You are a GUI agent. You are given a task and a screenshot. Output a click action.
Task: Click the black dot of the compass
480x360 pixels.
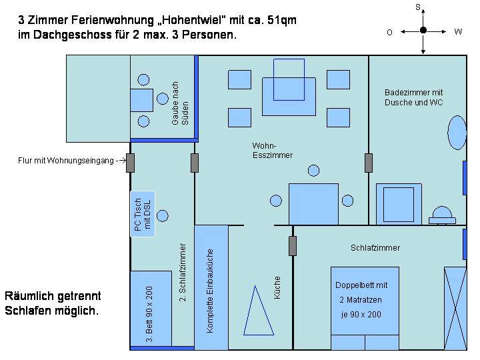(x=423, y=30)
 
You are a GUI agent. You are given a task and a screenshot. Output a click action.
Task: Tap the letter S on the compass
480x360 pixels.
(x=418, y=7)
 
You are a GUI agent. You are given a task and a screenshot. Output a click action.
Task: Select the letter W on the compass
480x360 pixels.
(x=458, y=31)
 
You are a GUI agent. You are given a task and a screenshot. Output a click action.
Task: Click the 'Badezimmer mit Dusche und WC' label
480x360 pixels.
(x=413, y=97)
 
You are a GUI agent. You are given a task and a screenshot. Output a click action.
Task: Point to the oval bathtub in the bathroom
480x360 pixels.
(x=457, y=133)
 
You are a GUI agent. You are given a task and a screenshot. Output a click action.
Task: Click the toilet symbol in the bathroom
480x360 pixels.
(x=442, y=215)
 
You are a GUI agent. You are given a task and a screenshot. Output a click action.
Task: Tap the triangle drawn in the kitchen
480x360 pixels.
(x=259, y=311)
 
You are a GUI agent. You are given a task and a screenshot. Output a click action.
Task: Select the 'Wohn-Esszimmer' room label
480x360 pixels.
(x=273, y=150)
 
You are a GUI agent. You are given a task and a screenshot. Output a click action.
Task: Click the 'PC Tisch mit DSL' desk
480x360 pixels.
(x=143, y=214)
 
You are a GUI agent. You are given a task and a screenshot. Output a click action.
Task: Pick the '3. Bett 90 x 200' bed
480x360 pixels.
(x=151, y=309)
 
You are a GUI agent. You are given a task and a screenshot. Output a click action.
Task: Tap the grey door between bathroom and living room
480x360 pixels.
(x=369, y=163)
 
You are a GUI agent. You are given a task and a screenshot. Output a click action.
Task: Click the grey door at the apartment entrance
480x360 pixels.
(x=131, y=163)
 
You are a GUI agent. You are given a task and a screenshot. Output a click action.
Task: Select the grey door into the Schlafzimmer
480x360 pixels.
(x=293, y=246)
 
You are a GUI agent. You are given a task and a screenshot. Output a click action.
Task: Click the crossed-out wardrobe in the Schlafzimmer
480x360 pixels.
(x=455, y=308)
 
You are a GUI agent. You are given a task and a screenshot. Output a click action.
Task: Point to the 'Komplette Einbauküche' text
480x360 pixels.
(x=210, y=291)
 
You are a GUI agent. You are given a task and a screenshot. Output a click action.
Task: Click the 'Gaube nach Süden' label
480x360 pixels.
(x=180, y=103)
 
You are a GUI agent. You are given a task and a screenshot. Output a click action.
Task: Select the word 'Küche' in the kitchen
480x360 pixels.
(x=277, y=287)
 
